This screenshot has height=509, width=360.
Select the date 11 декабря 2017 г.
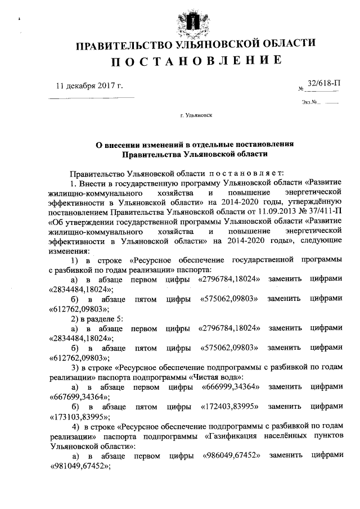[89, 86]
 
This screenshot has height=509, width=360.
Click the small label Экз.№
[310, 103]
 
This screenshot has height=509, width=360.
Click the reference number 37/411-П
[316, 210]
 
